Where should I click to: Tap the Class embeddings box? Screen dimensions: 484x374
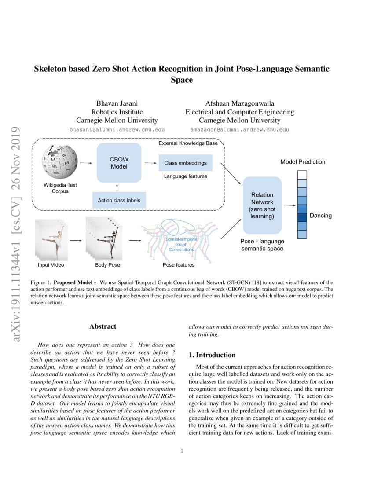(185, 163)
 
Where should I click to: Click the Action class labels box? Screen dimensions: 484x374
(119, 201)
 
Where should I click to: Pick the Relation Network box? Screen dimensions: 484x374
(262, 205)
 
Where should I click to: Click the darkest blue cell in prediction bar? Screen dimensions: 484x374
(302, 217)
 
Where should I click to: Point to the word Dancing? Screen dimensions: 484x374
(321, 216)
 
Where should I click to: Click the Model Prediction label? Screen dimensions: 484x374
(303, 161)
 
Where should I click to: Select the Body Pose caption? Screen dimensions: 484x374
(107, 265)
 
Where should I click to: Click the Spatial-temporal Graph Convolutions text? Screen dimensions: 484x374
(181, 244)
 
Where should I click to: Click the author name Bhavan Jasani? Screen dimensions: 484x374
(117, 104)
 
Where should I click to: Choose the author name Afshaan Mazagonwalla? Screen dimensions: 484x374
(239, 104)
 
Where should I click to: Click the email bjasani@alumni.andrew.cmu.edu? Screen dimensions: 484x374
(117, 130)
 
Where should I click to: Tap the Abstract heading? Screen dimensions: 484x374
(103, 326)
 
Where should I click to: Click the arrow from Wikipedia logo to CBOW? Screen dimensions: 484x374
(86, 163)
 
